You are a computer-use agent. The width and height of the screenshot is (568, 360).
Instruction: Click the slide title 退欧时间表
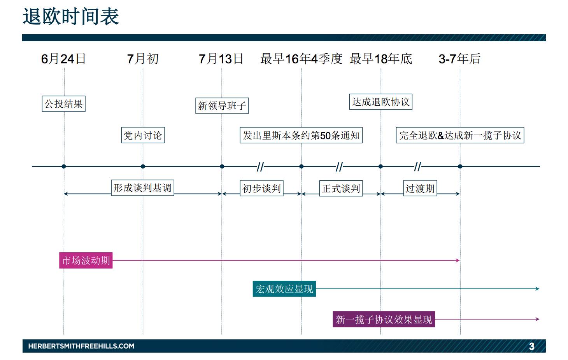click(71, 17)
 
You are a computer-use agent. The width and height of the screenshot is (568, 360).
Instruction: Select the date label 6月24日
click(63, 59)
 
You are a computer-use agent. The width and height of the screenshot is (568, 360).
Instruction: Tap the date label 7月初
click(143, 59)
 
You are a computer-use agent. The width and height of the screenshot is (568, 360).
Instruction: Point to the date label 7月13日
click(221, 59)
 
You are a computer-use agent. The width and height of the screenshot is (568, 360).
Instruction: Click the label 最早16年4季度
click(301, 59)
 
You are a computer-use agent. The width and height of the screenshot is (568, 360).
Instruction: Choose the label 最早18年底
click(381, 59)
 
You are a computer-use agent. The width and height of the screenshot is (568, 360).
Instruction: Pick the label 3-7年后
click(459, 59)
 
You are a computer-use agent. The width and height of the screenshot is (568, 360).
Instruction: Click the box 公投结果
click(63, 104)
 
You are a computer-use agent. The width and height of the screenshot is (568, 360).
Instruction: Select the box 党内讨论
click(143, 135)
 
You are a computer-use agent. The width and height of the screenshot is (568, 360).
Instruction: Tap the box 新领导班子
click(222, 106)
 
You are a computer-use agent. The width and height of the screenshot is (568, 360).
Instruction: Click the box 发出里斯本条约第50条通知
click(301, 135)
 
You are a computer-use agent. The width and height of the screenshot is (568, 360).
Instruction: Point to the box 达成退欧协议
click(380, 102)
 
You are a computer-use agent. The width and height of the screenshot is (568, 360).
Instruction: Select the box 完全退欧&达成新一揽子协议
click(460, 135)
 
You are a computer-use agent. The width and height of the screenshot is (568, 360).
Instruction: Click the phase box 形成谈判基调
click(142, 188)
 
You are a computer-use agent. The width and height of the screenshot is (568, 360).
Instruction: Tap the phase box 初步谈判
click(261, 189)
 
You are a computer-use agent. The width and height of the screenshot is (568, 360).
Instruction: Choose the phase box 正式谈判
click(341, 189)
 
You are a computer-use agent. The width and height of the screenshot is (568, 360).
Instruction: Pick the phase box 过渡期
click(420, 189)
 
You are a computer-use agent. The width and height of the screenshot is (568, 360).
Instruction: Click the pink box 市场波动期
click(86, 260)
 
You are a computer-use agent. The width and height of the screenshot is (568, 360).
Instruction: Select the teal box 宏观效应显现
click(284, 289)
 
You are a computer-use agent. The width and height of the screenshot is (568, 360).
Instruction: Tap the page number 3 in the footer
click(531, 346)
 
